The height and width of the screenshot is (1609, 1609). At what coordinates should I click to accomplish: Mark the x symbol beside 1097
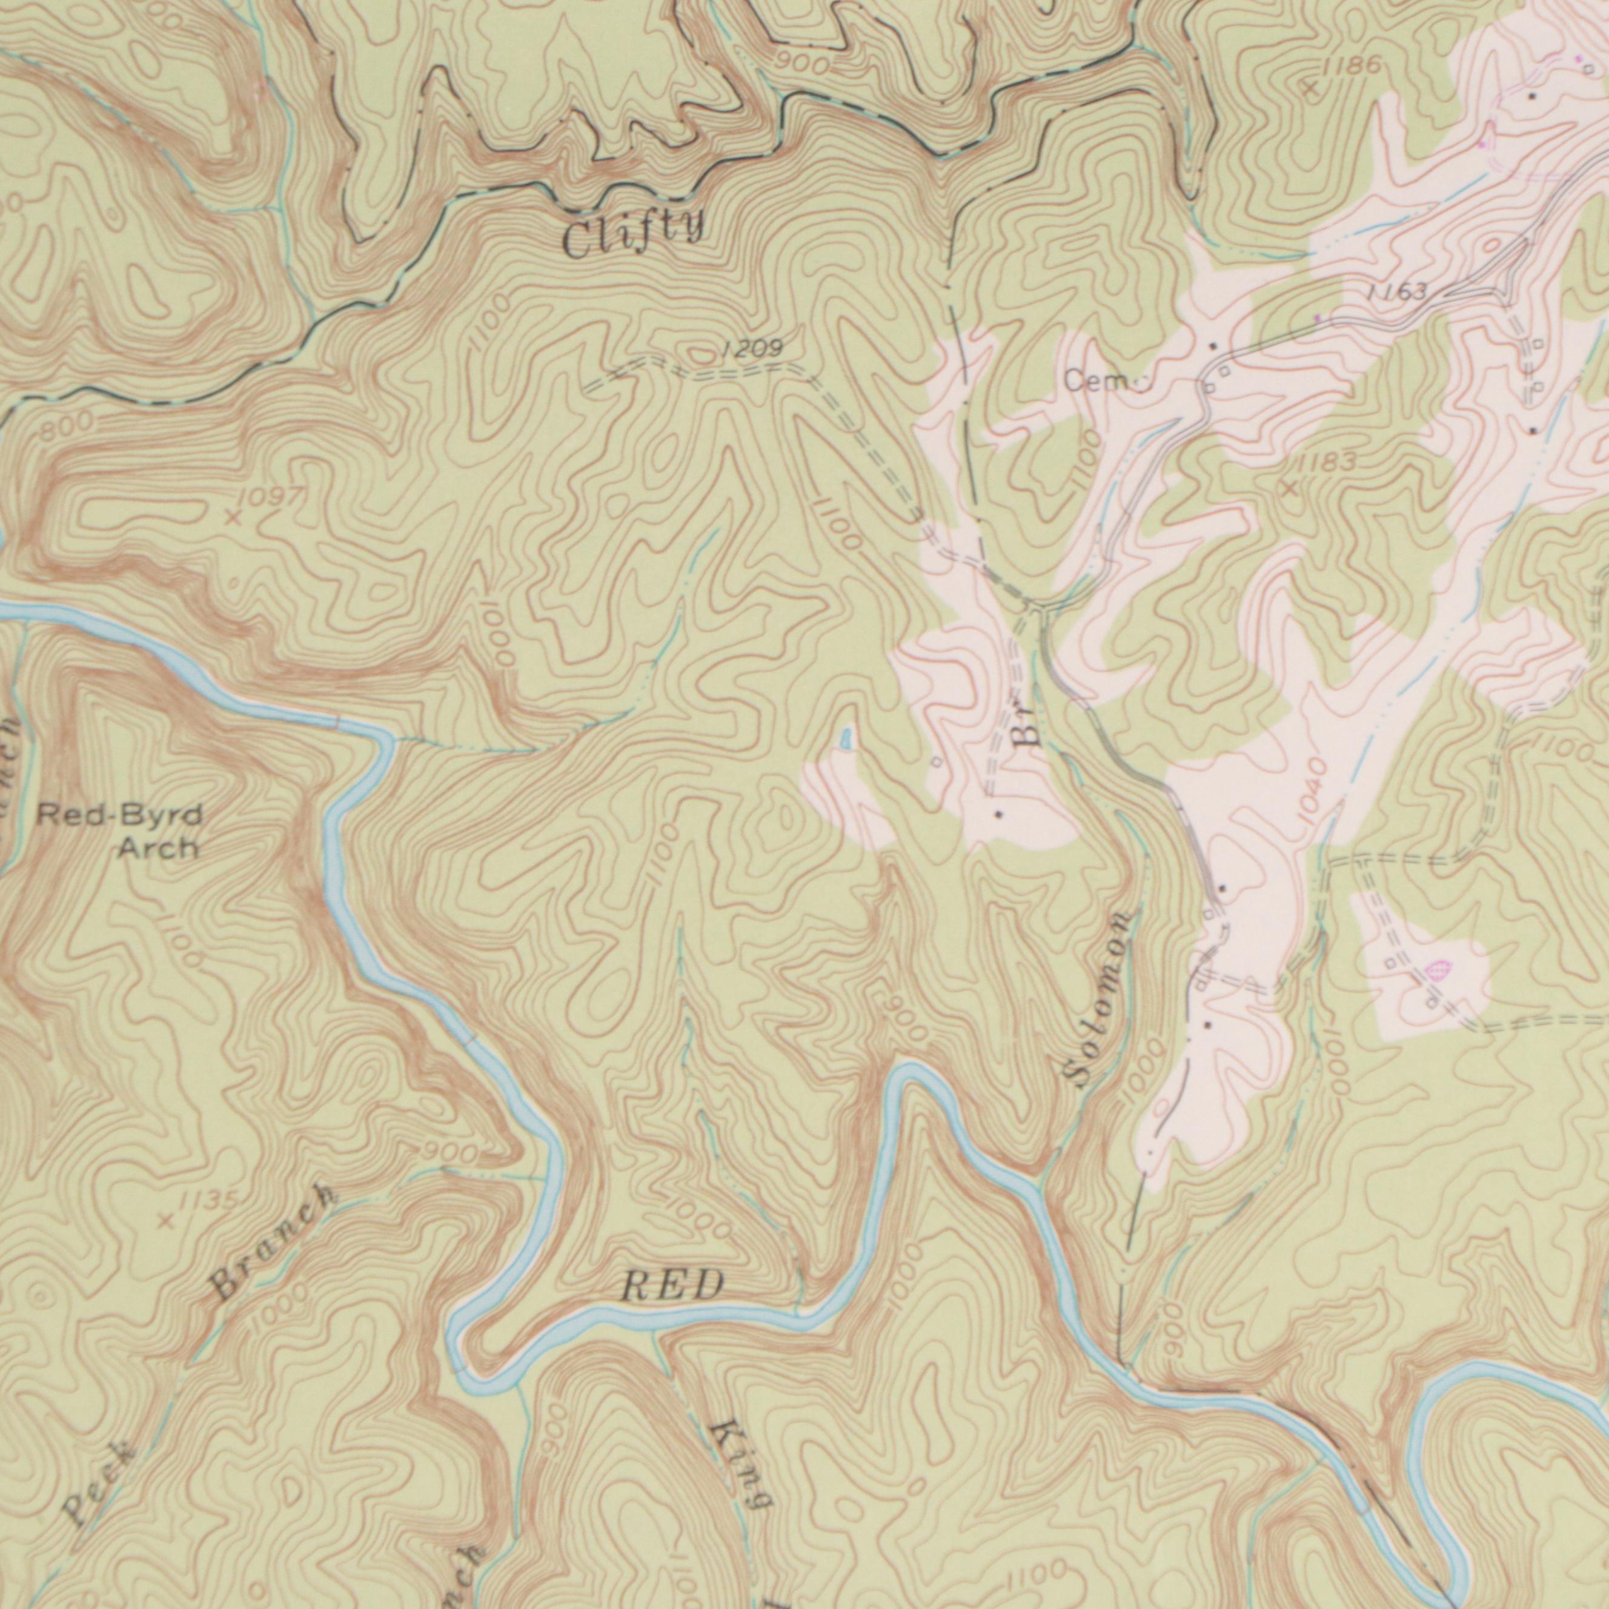[234, 518]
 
